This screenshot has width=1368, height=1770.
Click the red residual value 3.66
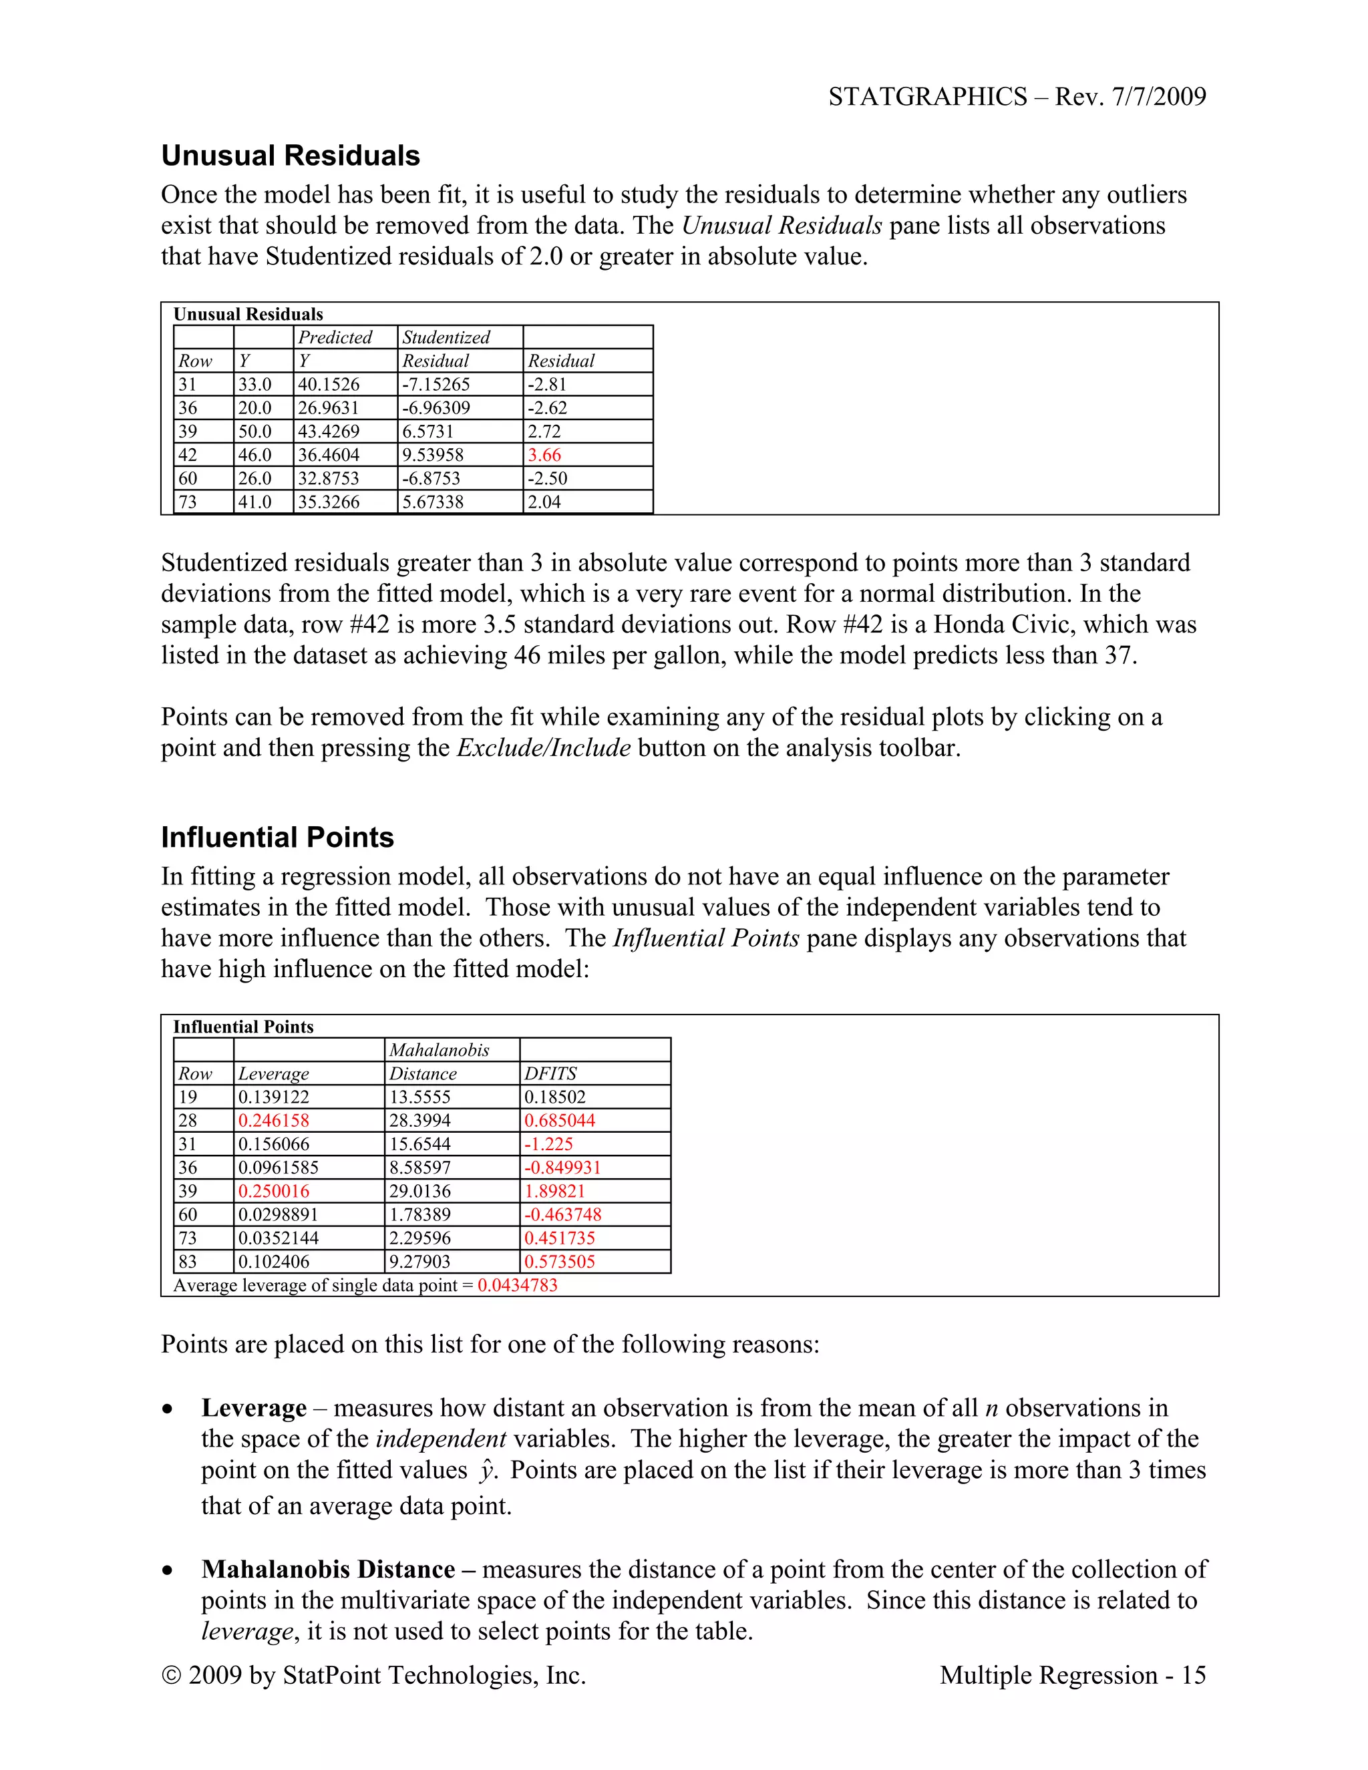[544, 455]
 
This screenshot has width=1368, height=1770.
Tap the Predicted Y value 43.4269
[328, 431]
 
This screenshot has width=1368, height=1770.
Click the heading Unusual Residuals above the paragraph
[290, 156]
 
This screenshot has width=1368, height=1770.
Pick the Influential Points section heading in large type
[277, 837]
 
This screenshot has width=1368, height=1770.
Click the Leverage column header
[273, 1073]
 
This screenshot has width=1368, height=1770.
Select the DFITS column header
[550, 1073]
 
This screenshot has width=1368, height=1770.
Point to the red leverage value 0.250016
[273, 1190]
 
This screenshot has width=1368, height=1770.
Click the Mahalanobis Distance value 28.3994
[419, 1120]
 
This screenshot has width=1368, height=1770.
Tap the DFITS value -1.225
[548, 1143]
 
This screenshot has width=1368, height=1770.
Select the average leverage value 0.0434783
[517, 1284]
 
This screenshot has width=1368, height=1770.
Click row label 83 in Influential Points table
[188, 1261]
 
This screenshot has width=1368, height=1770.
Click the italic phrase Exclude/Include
[543, 747]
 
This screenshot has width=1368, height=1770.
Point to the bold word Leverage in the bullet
[254, 1408]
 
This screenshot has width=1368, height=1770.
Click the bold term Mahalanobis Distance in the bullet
[327, 1569]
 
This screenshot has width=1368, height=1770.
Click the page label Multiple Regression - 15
[1072, 1674]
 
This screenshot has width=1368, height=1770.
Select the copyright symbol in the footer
[171, 1675]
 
